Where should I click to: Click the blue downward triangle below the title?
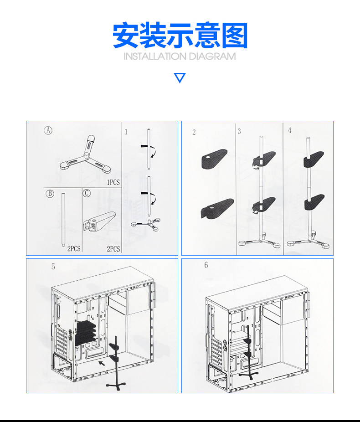tap(180, 78)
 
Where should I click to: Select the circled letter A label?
tap(48, 130)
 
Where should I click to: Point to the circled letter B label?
tap(50, 193)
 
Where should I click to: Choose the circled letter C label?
tap(87, 193)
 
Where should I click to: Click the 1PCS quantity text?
tap(113, 182)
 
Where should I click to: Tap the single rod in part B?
tap(63, 219)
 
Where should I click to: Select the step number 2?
tap(194, 132)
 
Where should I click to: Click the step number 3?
tap(239, 132)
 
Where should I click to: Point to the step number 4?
tap(289, 130)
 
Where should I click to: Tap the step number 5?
tap(53, 267)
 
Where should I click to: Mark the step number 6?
tap(206, 265)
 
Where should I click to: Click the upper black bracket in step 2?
tap(214, 160)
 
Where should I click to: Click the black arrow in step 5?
tap(103, 363)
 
